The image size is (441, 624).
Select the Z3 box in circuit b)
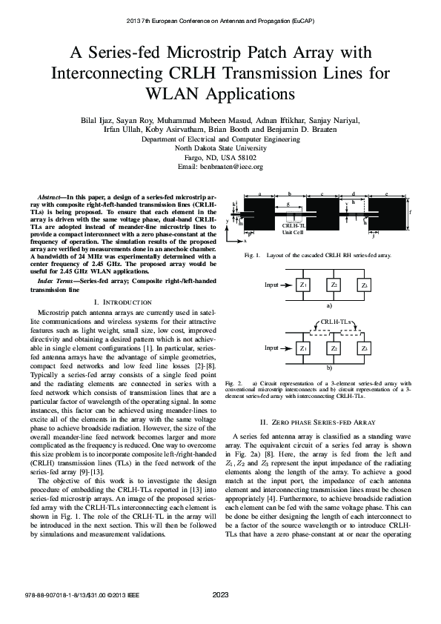[x=364, y=348]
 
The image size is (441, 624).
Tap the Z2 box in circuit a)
[x=334, y=285]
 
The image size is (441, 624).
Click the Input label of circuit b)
[x=271, y=348]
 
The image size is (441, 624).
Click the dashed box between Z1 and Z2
[x=318, y=334]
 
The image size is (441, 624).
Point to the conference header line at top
[x=220, y=21]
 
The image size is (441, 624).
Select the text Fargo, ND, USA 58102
[x=220, y=158]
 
